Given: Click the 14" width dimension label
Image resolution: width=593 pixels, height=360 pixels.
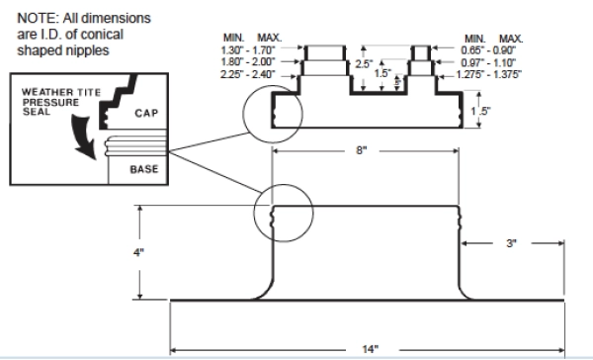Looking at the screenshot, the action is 371,349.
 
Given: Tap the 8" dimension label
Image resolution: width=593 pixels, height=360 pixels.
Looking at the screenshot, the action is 361,150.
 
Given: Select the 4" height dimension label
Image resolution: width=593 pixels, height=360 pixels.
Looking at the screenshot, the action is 138,252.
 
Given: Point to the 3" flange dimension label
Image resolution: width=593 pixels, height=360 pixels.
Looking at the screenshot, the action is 511,243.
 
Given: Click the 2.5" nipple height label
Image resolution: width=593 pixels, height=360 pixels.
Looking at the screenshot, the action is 364,64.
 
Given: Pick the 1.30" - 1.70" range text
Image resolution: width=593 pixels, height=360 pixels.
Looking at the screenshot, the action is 248,49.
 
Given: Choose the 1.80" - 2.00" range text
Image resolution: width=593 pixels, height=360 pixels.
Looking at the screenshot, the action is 248,61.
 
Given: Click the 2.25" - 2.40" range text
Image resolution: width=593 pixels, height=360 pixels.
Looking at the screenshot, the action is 248,74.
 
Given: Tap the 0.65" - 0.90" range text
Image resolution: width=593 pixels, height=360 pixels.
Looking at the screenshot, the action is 488,50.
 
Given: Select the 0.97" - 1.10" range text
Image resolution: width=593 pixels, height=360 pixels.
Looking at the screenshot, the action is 488,62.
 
